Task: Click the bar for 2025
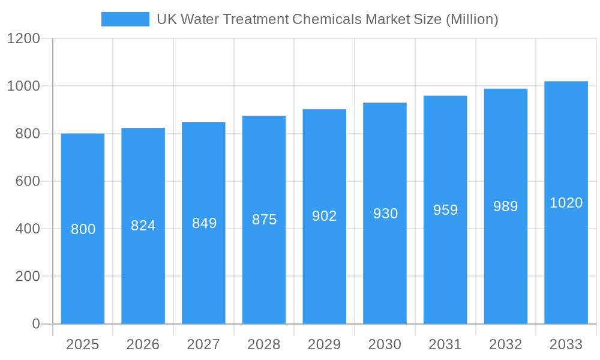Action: [83, 276]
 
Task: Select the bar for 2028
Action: [264, 270]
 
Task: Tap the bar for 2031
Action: [445, 264]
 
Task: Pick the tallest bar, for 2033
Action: [566, 258]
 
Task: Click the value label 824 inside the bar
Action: [143, 226]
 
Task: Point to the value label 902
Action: [325, 216]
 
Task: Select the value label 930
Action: [385, 214]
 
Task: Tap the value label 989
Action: [506, 206]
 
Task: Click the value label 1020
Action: [566, 203]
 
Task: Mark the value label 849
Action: [204, 223]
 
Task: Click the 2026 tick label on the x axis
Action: [143, 344]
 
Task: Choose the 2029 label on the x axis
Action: [325, 344]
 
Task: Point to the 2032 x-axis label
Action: [506, 344]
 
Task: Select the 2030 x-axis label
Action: [385, 344]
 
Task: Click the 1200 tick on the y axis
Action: [23, 39]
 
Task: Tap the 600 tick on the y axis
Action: [28, 181]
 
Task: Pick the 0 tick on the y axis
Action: [36, 324]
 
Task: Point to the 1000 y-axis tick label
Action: [23, 86]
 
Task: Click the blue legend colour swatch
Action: [125, 19]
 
